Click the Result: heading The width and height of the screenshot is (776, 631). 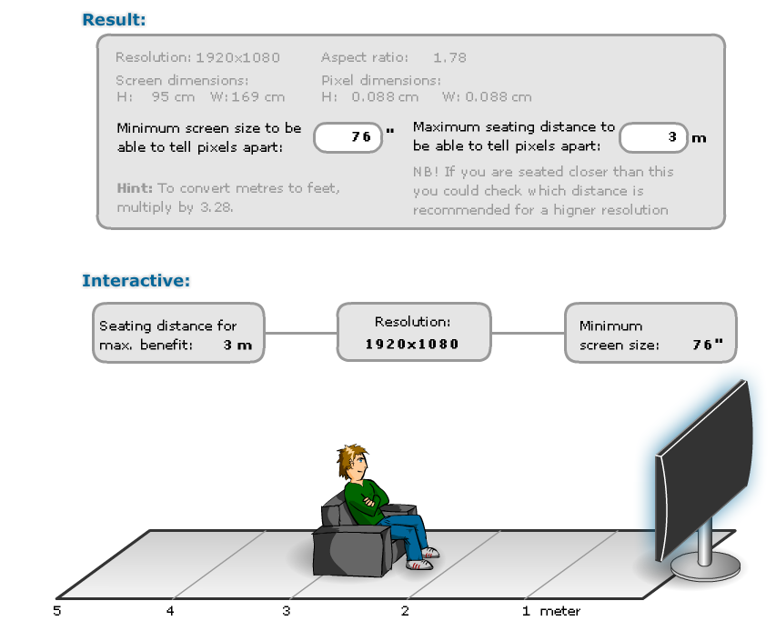pos(114,18)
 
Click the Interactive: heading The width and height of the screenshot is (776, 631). pos(136,280)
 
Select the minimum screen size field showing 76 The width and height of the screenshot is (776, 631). pos(347,137)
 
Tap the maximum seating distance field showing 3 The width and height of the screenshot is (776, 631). pos(652,137)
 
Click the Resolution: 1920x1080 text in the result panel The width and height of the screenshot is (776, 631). pos(198,57)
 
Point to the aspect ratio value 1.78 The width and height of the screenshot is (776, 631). pos(449,57)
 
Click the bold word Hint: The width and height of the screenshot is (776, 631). pos(135,188)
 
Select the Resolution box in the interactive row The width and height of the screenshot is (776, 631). pos(413,333)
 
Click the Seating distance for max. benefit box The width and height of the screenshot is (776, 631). pos(178,334)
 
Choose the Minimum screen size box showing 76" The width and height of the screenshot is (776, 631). pos(650,334)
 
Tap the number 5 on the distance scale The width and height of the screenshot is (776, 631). pos(57,611)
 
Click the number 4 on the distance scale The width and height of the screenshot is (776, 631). pos(170,611)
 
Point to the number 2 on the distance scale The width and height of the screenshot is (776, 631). pos(405,611)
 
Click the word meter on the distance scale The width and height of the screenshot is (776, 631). pos(559,611)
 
